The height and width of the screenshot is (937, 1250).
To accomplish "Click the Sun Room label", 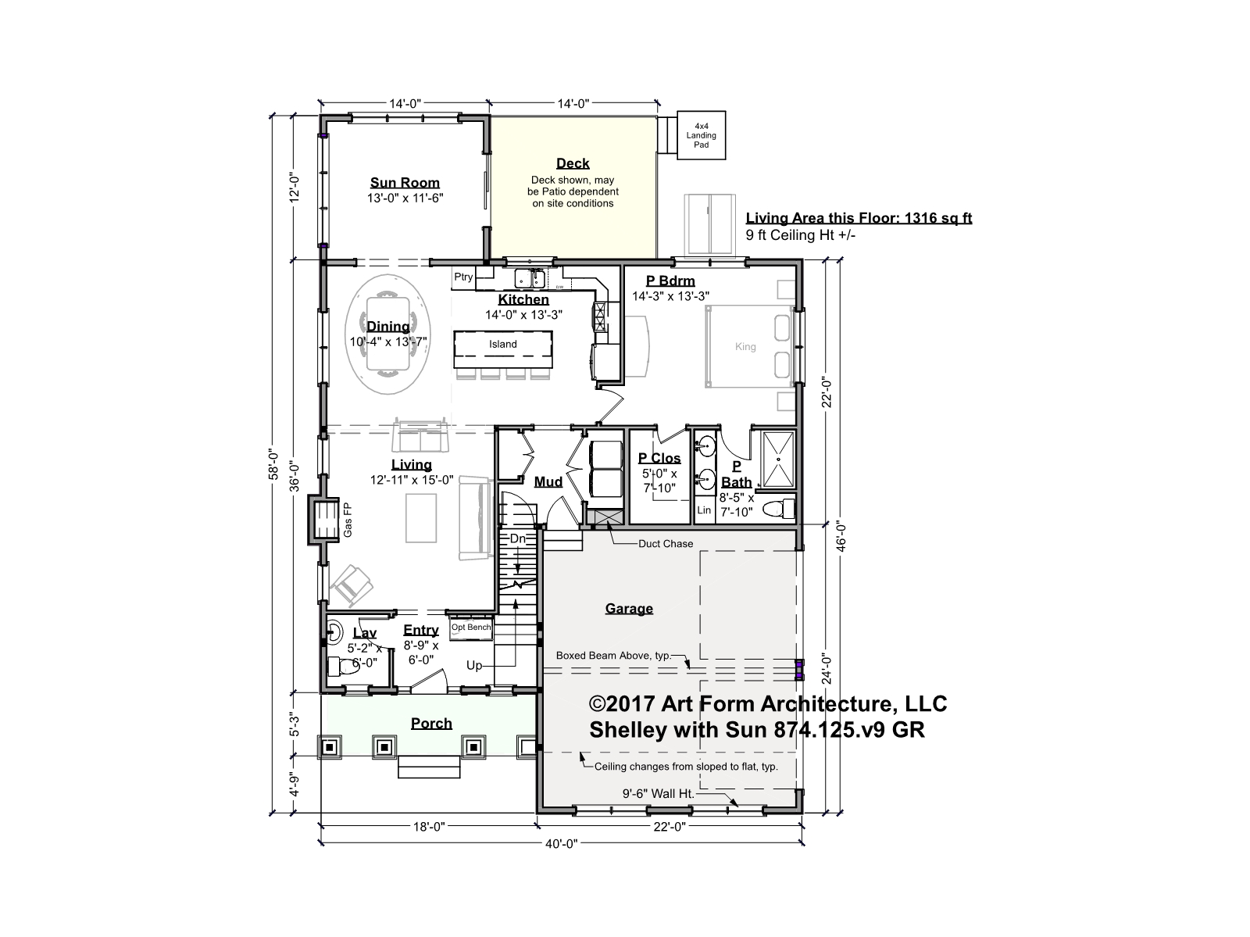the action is click(405, 183).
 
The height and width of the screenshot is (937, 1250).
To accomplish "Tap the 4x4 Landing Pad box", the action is click(701, 135).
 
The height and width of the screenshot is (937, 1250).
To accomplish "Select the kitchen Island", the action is click(503, 349).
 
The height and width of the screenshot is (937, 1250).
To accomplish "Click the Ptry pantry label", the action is click(463, 277).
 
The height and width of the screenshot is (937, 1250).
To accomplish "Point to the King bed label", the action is click(745, 346).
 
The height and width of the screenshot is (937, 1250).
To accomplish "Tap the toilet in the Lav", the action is click(344, 666).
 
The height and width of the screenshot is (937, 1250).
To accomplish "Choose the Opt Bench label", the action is click(471, 627).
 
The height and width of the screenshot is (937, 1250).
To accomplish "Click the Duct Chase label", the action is click(666, 543).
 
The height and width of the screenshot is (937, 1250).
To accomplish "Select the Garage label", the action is click(629, 608).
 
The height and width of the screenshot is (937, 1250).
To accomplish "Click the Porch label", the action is click(431, 724).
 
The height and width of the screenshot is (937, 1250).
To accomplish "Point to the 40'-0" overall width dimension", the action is click(562, 843).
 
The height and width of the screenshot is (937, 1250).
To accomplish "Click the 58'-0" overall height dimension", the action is click(274, 464).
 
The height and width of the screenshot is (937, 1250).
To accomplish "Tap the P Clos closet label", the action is click(659, 458).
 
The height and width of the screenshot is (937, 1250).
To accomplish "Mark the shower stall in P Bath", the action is click(777, 459).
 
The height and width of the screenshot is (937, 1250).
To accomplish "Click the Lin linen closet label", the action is click(704, 510).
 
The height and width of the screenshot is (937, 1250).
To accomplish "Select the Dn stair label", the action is click(518, 538).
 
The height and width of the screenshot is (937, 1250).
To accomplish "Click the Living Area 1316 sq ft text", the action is click(859, 217).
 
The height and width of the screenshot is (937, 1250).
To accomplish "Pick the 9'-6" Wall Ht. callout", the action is click(659, 793).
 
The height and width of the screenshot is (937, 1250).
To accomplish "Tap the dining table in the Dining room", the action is click(387, 334).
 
